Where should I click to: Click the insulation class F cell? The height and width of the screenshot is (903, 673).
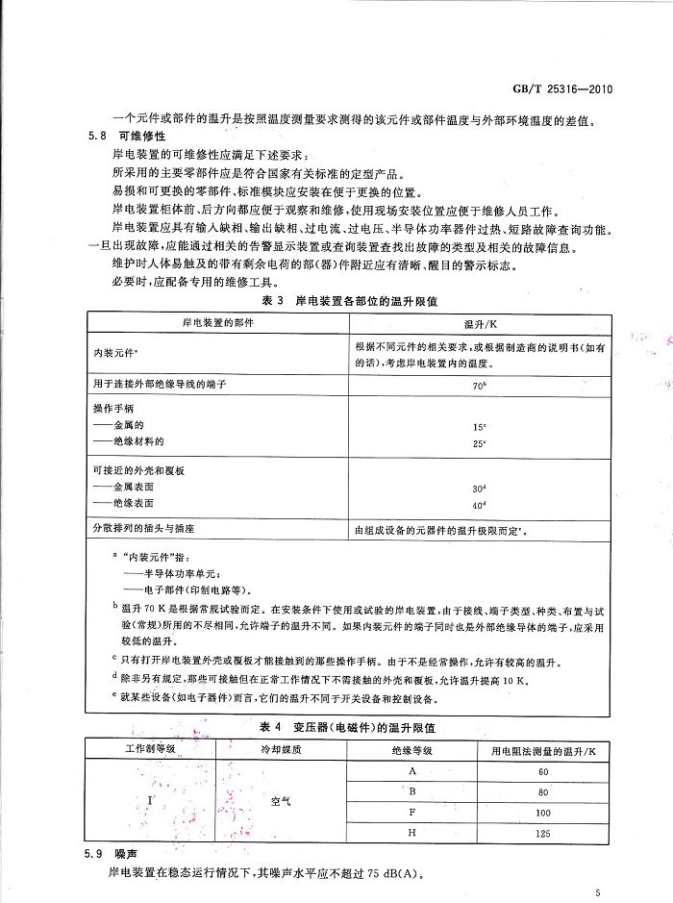click(411, 813)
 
